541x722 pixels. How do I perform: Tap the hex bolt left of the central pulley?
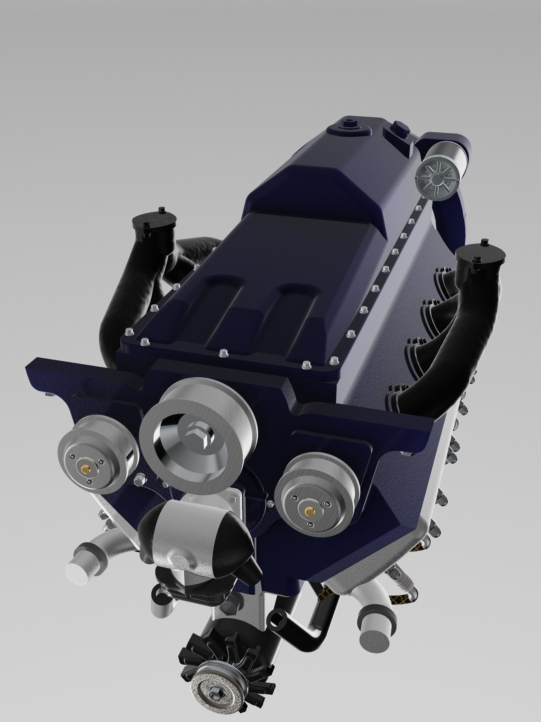[x=138, y=479]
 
